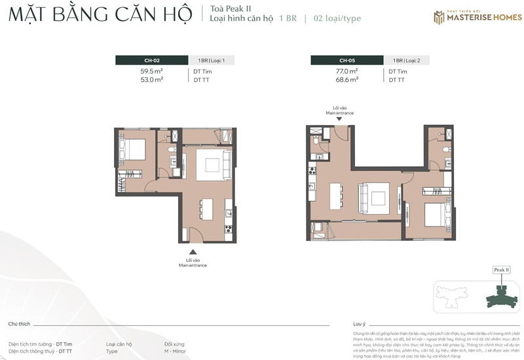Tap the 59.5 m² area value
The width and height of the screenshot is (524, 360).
point(152,71)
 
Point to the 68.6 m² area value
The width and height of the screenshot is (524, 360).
point(347,79)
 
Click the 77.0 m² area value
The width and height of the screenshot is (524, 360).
point(347,71)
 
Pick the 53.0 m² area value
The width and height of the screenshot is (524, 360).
point(152,79)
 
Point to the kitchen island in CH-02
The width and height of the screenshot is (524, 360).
point(208,209)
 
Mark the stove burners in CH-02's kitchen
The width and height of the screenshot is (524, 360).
point(228,228)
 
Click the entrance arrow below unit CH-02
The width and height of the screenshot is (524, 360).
point(192,251)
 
